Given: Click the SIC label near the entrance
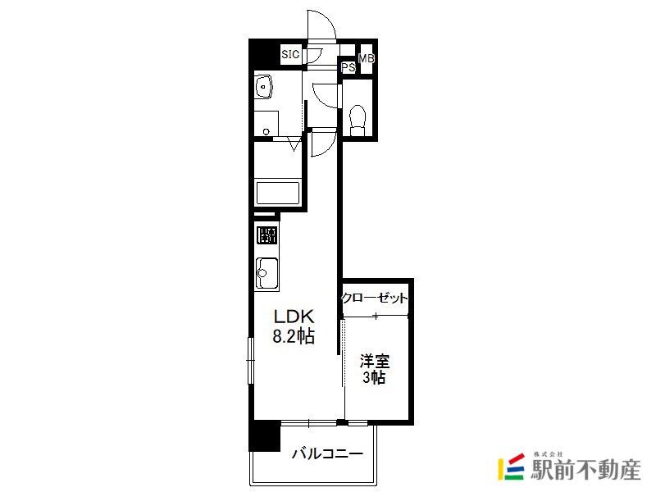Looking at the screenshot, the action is point(290,54).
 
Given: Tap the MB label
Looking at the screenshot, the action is point(367,58).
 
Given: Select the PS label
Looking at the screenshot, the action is point(348,67).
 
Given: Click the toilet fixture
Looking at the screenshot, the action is point(357,120).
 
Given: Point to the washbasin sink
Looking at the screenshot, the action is point(263,86).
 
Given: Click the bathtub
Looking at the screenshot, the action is point(278,193).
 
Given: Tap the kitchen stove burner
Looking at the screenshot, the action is point(266,235).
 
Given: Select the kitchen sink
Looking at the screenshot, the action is point(267,273).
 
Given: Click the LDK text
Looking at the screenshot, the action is point(294,317).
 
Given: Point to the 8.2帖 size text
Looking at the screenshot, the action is point(294,336).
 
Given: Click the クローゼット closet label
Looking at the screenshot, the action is point(374,298).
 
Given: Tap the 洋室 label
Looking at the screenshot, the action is point(375,361).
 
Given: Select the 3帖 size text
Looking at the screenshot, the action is point(374,378).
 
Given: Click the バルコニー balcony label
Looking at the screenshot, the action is point(327,453).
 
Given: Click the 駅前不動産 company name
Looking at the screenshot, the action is point(586,470).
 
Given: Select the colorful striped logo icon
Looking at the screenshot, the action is point(511,467).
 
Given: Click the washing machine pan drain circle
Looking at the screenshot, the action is point(266,132).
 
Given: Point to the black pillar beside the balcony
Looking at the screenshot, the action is point(264,436).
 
